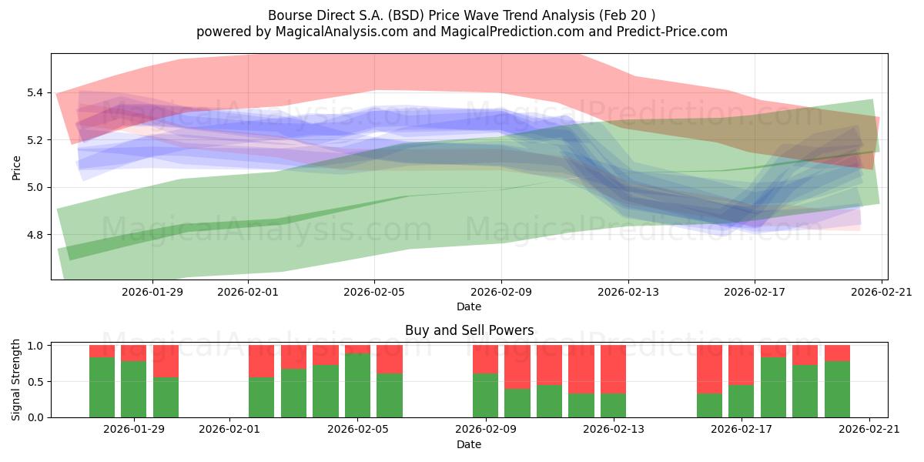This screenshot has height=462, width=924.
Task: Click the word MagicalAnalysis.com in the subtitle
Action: [342, 32]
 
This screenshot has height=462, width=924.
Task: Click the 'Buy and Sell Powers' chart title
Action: [469, 330]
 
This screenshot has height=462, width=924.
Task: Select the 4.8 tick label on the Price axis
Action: [35, 235]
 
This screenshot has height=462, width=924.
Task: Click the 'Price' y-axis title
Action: [16, 168]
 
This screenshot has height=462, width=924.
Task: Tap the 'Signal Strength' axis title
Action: [15, 380]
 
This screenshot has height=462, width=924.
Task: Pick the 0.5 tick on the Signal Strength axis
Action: [35, 382]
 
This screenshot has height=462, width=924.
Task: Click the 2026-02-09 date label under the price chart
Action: [501, 292]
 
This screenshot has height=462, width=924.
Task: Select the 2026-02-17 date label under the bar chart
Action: [742, 430]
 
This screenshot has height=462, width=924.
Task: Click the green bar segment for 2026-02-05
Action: [357, 385]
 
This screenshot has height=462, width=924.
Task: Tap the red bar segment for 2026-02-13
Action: [614, 369]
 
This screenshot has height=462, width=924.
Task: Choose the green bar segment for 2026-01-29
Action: [134, 390]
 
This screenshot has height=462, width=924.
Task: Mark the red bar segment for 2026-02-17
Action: [742, 365]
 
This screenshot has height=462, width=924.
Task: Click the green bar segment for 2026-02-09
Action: [486, 396]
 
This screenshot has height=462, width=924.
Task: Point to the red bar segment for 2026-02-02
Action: [262, 361]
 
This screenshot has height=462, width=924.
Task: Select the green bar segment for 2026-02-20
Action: [838, 390]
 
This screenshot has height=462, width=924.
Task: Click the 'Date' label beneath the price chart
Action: [469, 306]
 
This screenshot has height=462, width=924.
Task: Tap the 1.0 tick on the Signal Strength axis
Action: [35, 346]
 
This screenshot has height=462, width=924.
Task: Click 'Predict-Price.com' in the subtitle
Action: [672, 32]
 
